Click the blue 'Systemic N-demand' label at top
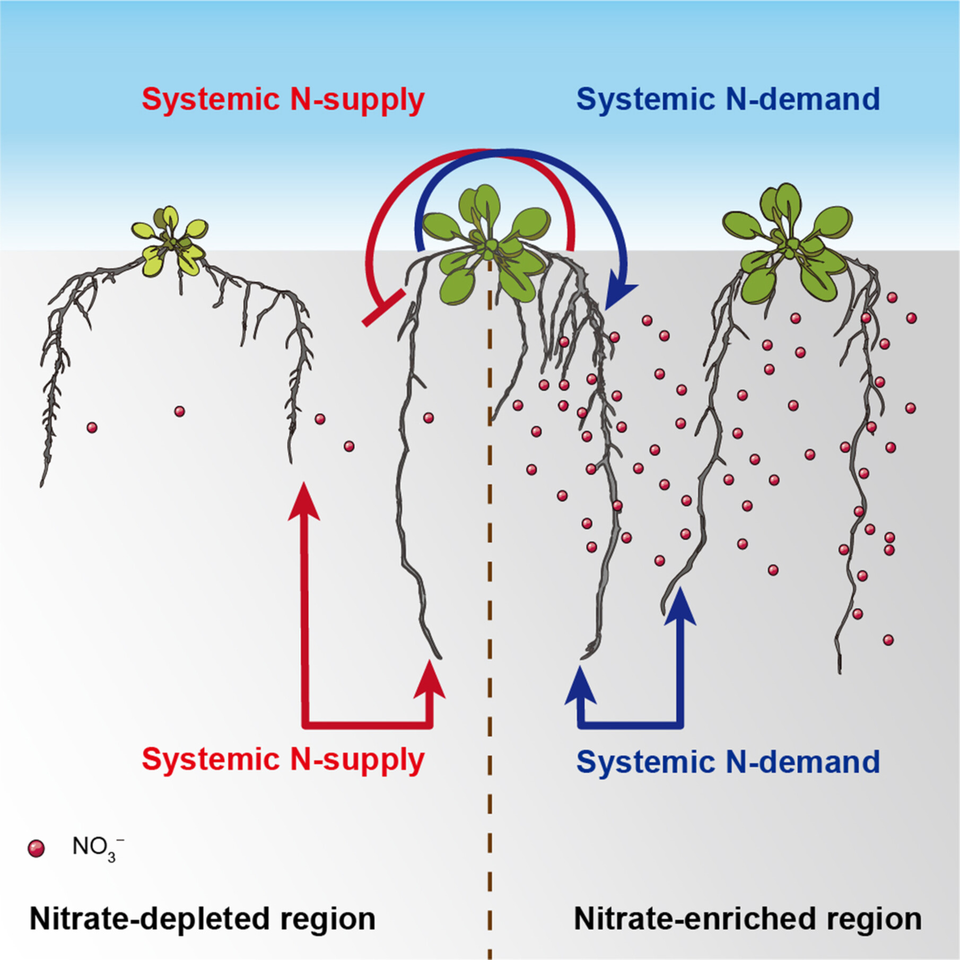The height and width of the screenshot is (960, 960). click(x=728, y=99)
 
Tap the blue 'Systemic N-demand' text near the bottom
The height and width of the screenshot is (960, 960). click(x=728, y=762)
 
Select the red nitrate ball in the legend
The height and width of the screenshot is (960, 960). click(x=36, y=849)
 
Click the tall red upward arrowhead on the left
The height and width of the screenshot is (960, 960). click(x=304, y=501)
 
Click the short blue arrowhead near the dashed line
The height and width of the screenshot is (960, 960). click(x=580, y=685)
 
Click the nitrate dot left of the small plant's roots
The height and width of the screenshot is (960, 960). click(x=92, y=427)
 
